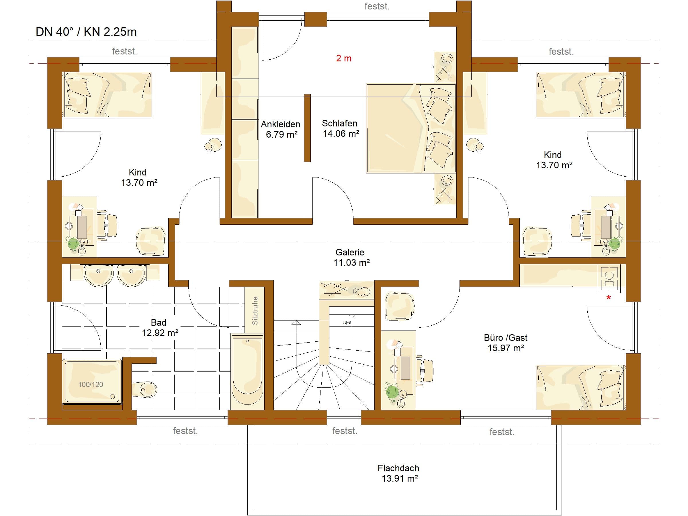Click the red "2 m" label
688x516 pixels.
(344, 58)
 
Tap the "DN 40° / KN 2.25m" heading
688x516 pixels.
(86, 32)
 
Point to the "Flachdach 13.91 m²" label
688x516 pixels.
(398, 473)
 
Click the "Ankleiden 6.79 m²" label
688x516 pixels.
(281, 129)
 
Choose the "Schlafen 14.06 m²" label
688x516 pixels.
(340, 128)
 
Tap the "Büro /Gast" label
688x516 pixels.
(506, 337)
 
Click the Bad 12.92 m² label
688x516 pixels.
(160, 327)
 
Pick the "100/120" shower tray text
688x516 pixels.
(91, 384)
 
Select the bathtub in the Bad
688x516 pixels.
(248, 372)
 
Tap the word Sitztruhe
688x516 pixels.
(255, 311)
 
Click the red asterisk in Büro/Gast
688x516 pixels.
(609, 298)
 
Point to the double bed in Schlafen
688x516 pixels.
(411, 128)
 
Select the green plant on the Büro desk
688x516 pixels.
(392, 392)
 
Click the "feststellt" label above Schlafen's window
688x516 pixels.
(377, 6)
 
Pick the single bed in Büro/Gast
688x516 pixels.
(581, 387)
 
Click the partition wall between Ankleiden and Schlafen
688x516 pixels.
(307, 128)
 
